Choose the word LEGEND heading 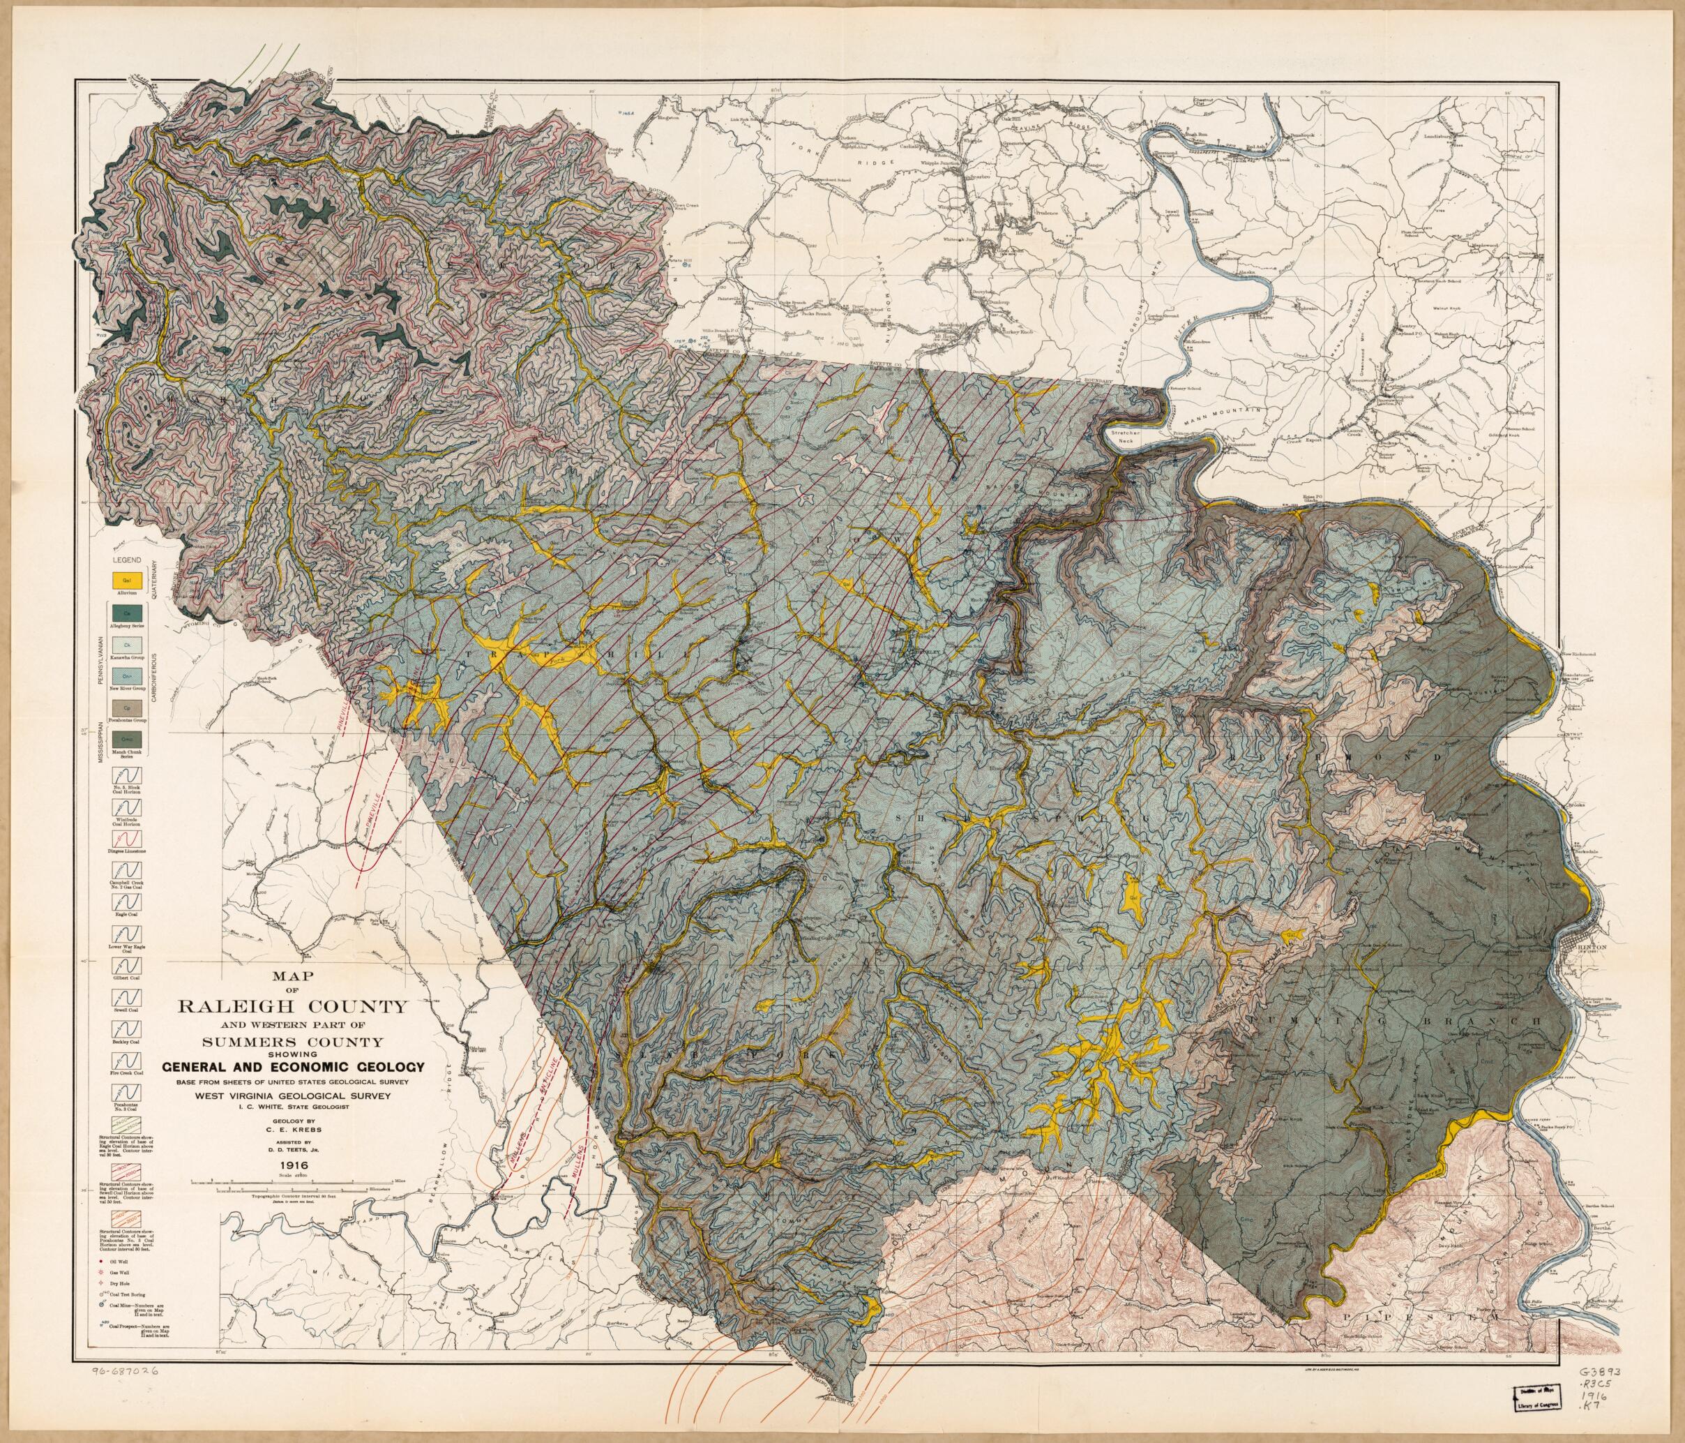(x=126, y=560)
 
